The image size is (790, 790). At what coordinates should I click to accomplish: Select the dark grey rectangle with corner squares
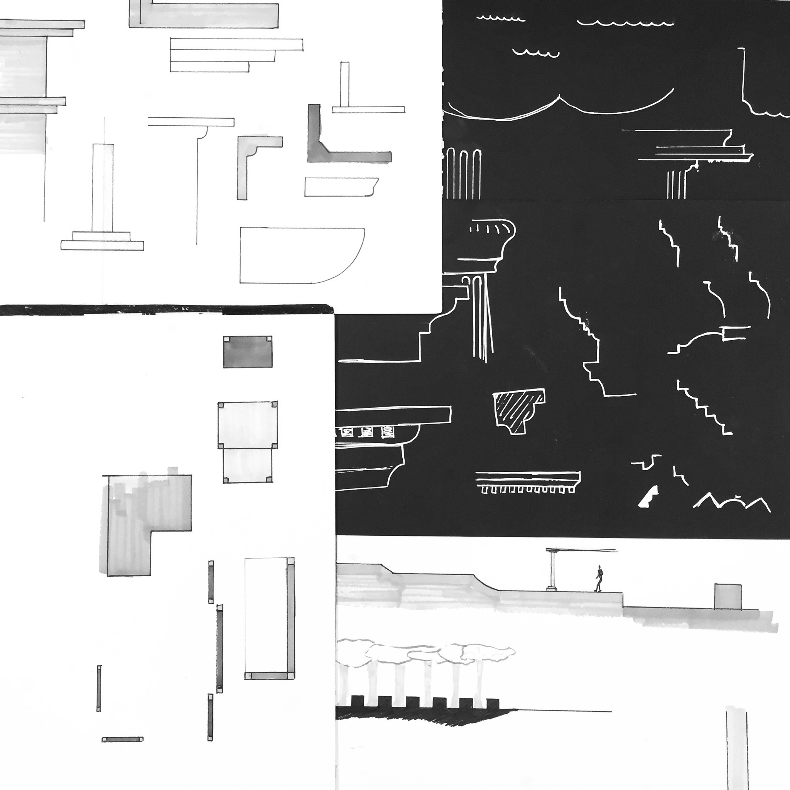[x=247, y=352]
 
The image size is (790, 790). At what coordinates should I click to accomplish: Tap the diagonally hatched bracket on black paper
[x=518, y=411]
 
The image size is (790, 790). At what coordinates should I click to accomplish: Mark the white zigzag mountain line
[x=732, y=502]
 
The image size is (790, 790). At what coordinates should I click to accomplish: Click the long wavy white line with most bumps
[x=625, y=23]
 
